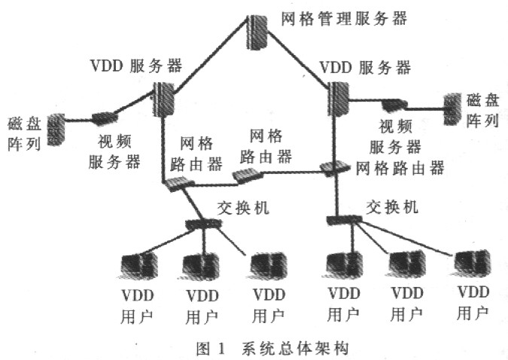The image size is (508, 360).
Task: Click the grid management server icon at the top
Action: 257,32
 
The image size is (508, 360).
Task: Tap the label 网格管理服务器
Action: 344,19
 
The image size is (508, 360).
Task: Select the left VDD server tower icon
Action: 163,99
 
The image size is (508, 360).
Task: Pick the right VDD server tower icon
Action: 339,98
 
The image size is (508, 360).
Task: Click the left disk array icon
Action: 56,130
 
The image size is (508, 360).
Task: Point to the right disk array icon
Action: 452,109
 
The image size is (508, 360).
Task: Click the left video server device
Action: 105,118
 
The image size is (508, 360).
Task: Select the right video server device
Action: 394,105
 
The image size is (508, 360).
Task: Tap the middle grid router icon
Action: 248,175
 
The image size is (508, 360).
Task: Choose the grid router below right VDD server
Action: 335,167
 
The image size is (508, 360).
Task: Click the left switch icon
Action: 203,224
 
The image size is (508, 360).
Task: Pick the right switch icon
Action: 344,220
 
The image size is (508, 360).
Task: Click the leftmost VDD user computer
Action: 138,267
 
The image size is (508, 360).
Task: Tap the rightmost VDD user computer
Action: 472,264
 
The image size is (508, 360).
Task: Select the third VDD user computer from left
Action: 268,267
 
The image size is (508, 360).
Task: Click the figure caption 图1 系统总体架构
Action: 272,349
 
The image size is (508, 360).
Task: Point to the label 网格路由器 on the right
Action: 400,168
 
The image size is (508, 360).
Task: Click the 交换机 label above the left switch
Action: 243,207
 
